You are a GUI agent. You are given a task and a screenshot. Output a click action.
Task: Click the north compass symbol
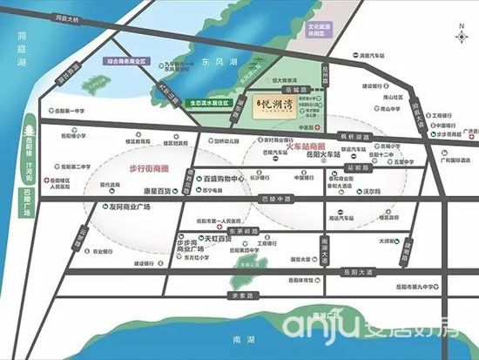pos(460,36)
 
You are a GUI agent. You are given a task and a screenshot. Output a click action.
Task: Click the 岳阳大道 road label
pos(345,271)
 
